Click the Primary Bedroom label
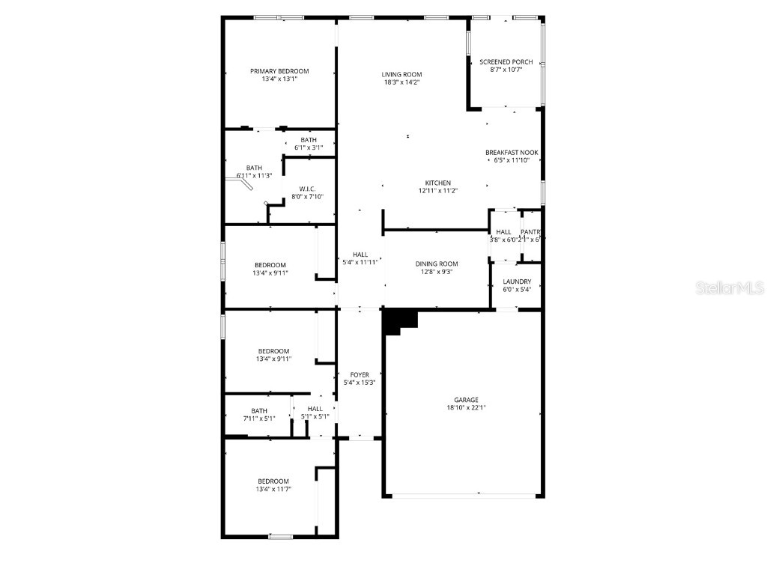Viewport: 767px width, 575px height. [279, 71]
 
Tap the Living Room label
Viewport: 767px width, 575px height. [401, 74]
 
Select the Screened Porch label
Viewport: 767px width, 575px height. [506, 62]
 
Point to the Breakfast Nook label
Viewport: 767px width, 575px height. [512, 153]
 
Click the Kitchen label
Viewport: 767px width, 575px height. [438, 183]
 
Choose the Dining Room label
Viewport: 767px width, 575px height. [437, 264]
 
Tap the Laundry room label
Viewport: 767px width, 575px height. [517, 282]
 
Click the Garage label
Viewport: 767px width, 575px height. [465, 400]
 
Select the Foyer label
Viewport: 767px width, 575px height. [360, 374]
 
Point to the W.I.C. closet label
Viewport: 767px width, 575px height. [307, 189]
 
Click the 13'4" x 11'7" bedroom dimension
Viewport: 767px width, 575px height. [273, 490]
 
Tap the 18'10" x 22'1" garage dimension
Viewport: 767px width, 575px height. [465, 408]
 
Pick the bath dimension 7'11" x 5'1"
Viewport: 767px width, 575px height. [259, 419]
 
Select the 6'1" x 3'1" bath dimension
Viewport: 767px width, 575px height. [309, 147]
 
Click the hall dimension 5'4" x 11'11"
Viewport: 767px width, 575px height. [360, 263]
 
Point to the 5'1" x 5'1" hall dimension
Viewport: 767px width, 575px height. [315, 417]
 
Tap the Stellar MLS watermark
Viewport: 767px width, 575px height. [730, 287]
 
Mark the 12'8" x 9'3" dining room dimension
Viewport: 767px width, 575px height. [437, 272]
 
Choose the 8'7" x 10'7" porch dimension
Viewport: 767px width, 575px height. [506, 70]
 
